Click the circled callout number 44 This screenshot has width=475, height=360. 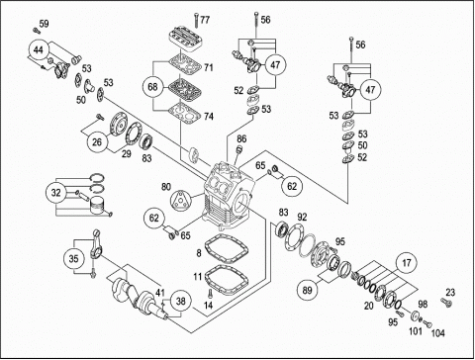point(39,50)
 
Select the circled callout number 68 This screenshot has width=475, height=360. point(152,87)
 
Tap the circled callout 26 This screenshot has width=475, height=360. point(97,142)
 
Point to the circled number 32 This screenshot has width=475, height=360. point(56,193)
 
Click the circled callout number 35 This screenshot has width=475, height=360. point(73,258)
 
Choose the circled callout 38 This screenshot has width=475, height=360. point(181,301)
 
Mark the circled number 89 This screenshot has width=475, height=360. point(307,290)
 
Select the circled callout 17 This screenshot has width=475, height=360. point(407,263)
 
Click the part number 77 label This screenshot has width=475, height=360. point(205,20)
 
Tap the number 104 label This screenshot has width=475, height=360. point(438,333)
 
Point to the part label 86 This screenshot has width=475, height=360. point(241,139)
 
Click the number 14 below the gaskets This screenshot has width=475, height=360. point(208,306)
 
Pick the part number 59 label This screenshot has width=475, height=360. point(44,24)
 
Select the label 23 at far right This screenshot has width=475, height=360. point(450,292)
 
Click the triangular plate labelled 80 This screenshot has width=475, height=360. point(180,200)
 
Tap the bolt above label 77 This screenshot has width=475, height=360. point(196,20)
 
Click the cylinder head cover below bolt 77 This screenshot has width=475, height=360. point(185,40)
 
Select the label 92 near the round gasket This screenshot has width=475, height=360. point(302,217)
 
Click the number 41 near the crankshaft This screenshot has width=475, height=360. point(160,293)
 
